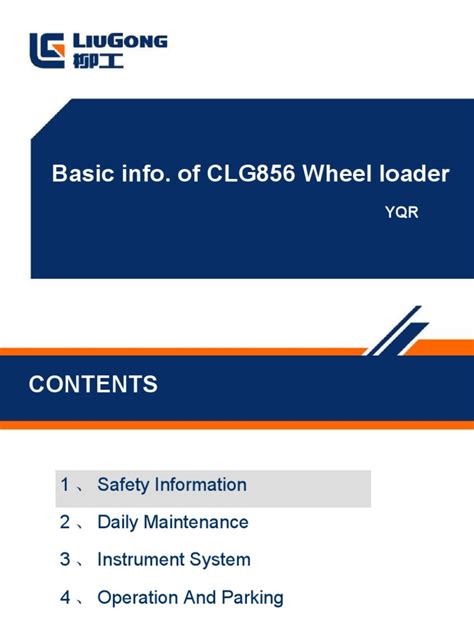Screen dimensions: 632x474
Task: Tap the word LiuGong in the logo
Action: click(120, 42)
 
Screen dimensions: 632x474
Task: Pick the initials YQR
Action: click(401, 212)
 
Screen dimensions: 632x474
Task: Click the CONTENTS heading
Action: click(93, 384)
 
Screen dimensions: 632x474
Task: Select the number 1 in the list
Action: click(65, 485)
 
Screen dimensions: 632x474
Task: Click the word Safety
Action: click(122, 485)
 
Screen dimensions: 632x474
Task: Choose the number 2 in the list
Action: click(65, 522)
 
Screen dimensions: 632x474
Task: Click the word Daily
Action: click(118, 522)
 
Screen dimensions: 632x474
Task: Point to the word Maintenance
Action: click(196, 522)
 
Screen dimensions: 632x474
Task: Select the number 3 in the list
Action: click(65, 560)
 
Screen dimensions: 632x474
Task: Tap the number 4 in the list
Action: click(65, 598)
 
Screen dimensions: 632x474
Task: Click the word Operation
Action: click(138, 598)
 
